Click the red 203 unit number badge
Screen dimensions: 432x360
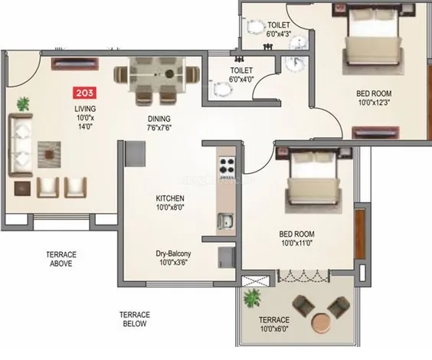pos(84,93)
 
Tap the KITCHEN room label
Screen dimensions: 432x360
pos(170,198)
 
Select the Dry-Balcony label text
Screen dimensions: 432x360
pos(173,254)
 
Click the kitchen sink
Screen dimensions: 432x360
pos(225,221)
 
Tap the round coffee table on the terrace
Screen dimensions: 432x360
pos(322,322)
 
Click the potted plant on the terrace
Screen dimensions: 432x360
pos(252,298)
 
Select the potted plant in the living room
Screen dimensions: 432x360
pos(23,104)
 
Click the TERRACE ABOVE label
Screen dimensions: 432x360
pos(61,259)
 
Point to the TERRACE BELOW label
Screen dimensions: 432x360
pos(135,319)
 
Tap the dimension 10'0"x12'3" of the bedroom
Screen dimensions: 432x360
pos(374,103)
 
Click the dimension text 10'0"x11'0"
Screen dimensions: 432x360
pos(296,244)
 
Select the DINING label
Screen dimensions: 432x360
pos(159,119)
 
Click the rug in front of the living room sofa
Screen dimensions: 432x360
pos(49,155)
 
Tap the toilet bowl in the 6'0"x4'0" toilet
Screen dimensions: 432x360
pos(221,89)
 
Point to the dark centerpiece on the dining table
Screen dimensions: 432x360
pos(169,74)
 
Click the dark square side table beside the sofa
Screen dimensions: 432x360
pos(22,188)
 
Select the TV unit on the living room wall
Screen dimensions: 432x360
pos(75,64)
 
